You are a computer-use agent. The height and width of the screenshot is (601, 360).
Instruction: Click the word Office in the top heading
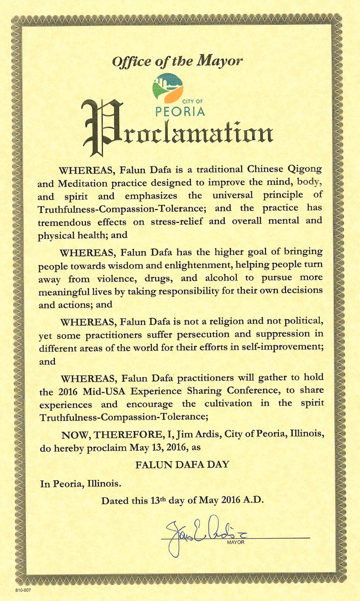(x=127, y=62)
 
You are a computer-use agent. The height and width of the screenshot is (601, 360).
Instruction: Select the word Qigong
(x=304, y=169)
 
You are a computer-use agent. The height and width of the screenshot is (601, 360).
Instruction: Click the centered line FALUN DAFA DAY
(x=182, y=464)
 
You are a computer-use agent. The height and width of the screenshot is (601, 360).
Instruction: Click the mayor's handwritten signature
(x=199, y=531)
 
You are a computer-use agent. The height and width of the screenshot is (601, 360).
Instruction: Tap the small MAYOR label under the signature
(x=235, y=542)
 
